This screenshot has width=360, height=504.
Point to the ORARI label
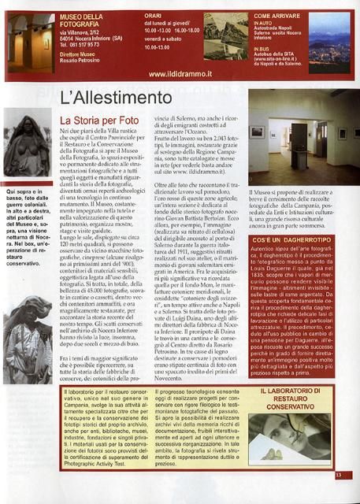[153, 15]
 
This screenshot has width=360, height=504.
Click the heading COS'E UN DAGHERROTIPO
[297, 238]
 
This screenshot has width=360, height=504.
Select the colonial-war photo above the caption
[28, 146]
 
